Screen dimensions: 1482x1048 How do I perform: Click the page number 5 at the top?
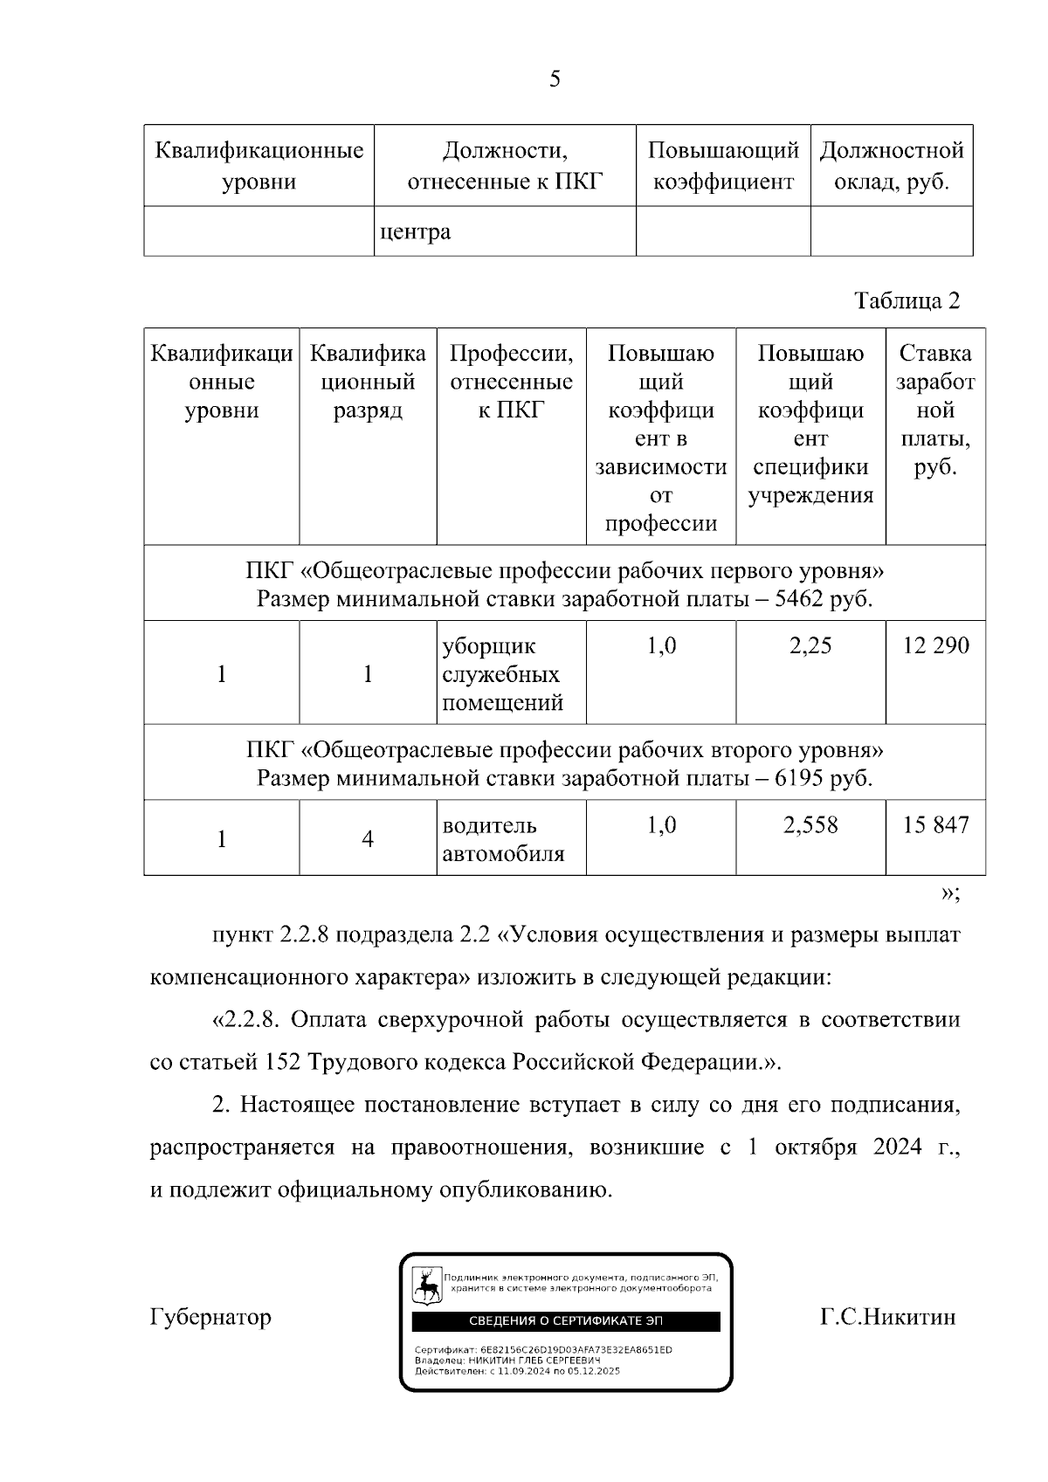(x=555, y=79)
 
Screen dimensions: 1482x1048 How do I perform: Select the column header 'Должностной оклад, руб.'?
(x=892, y=166)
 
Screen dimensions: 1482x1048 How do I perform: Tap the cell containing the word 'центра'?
(x=416, y=232)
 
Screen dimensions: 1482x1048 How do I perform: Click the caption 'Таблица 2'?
(x=907, y=300)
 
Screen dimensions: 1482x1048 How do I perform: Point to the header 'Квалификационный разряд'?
(x=368, y=382)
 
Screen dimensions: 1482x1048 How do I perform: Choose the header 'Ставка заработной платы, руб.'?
(x=935, y=410)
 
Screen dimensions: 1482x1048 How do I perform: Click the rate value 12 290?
(x=935, y=645)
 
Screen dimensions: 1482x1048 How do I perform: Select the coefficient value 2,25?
(x=810, y=645)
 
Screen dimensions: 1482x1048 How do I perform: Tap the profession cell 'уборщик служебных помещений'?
(x=502, y=674)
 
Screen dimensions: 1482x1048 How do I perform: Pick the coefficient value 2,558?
(x=810, y=825)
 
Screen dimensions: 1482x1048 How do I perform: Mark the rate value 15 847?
(x=935, y=825)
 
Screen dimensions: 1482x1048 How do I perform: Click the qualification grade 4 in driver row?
(x=368, y=839)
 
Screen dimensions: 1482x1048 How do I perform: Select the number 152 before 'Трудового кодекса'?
(x=281, y=1062)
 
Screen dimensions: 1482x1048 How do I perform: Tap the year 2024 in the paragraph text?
(x=897, y=1147)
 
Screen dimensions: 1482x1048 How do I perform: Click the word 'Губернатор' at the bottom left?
(x=210, y=1316)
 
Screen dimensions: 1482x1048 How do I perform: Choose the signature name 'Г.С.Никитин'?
(x=887, y=1316)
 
